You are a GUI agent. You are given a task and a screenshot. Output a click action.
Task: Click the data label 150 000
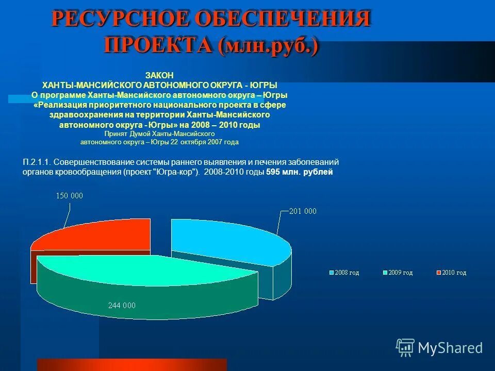tap(70, 195)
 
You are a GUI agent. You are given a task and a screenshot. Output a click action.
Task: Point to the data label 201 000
tap(303, 211)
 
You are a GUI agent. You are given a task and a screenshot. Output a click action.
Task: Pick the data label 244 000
tap(122, 305)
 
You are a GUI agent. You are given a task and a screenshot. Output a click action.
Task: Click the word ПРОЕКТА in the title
tap(158, 45)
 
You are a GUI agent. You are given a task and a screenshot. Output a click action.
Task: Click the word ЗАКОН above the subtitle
tap(160, 75)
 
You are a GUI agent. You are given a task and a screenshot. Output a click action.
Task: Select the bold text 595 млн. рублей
tap(300, 172)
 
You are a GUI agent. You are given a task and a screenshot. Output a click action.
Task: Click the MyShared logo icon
tap(405, 348)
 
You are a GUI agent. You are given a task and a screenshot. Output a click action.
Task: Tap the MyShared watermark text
tap(450, 348)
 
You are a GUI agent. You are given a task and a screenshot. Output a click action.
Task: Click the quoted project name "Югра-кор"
tap(175, 172)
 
